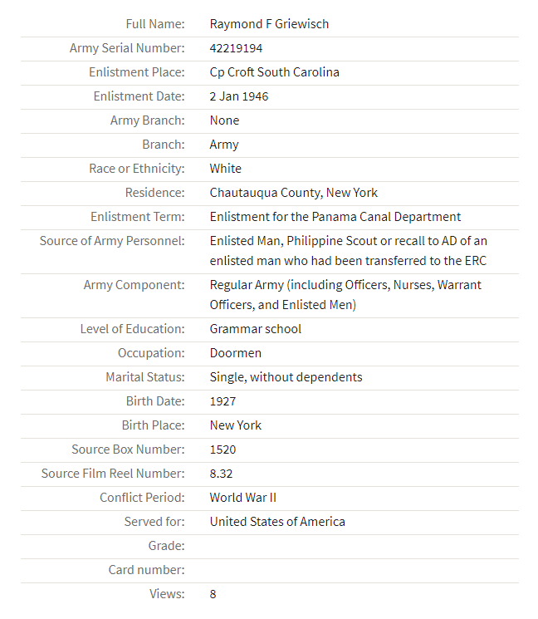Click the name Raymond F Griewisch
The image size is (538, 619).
269,24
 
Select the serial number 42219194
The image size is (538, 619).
236,48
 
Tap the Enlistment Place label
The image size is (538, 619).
137,72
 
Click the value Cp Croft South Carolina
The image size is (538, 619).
274,72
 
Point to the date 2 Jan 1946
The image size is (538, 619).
238,96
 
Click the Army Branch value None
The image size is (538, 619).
224,120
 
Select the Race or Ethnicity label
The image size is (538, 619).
137,169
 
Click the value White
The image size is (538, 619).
225,169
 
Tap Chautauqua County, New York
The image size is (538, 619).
293,193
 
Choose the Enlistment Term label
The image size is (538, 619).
138,217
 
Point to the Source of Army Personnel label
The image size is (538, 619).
112,241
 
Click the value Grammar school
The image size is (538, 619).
255,329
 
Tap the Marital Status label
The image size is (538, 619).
145,377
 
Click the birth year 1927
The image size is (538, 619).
223,401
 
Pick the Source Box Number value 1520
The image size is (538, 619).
223,450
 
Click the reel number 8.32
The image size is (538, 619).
222,474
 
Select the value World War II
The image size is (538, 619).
242,498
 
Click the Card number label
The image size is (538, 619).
147,570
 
